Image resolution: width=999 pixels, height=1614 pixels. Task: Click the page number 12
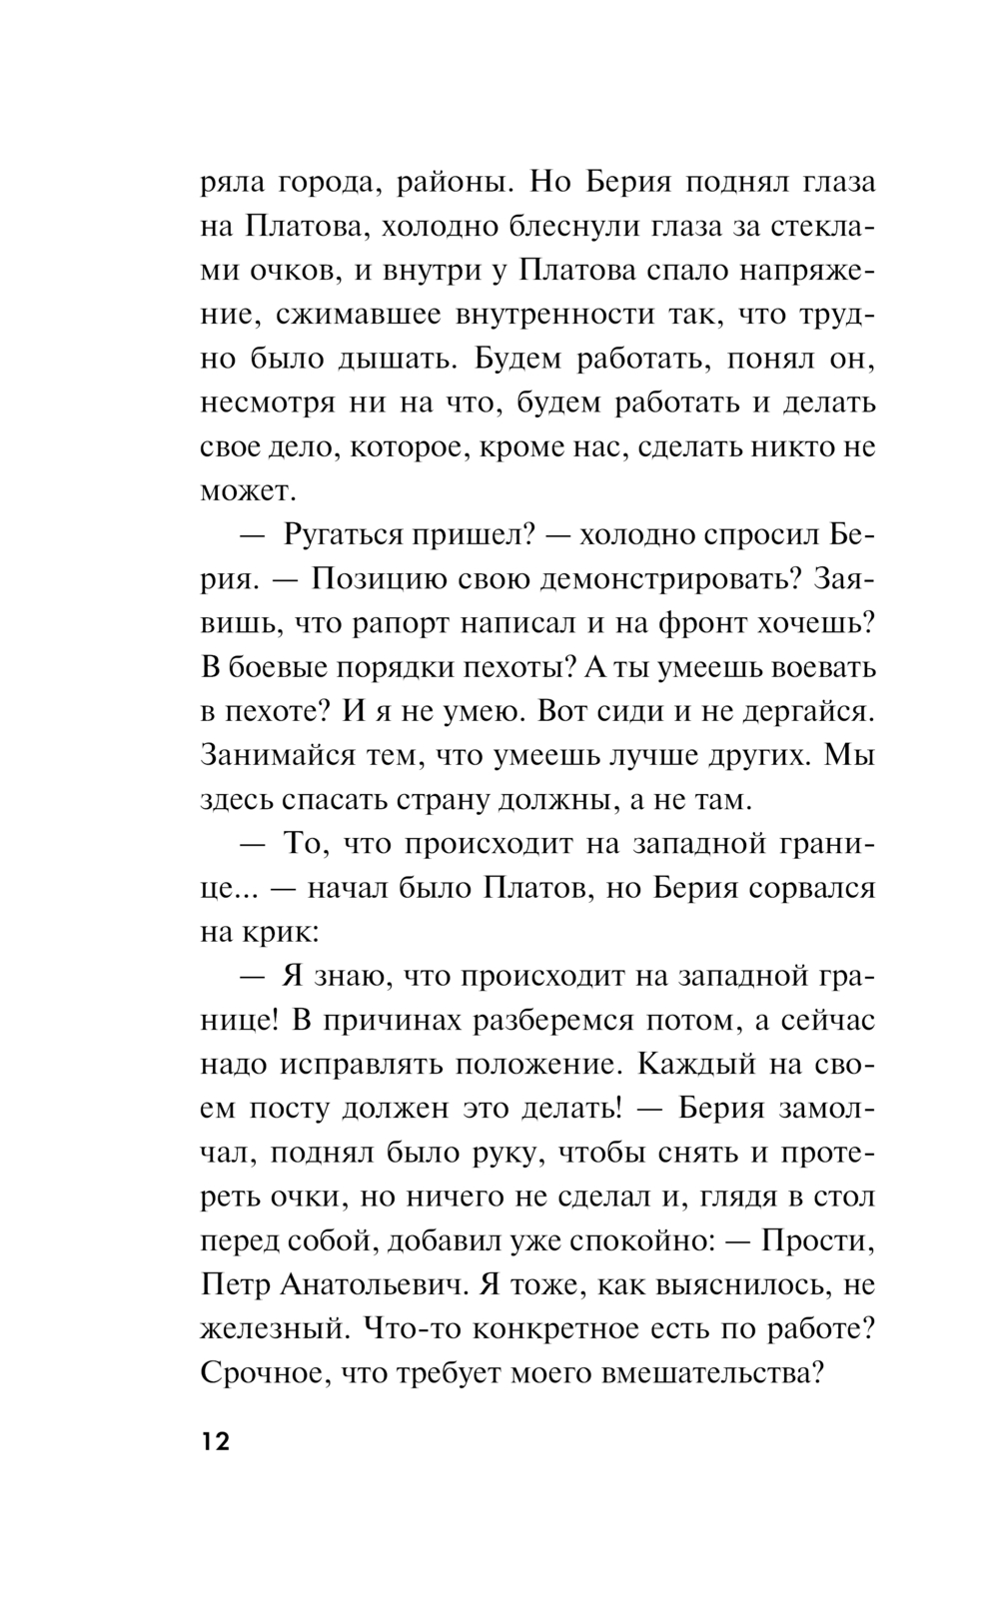215,1442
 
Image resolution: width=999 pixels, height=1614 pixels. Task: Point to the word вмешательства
710,1371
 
